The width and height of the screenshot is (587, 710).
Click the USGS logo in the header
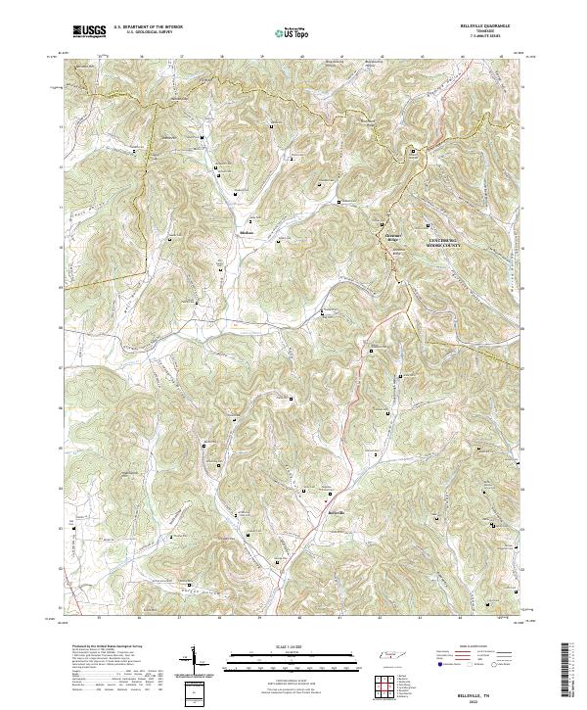(x=88, y=31)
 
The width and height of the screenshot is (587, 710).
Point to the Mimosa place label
(x=247, y=232)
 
